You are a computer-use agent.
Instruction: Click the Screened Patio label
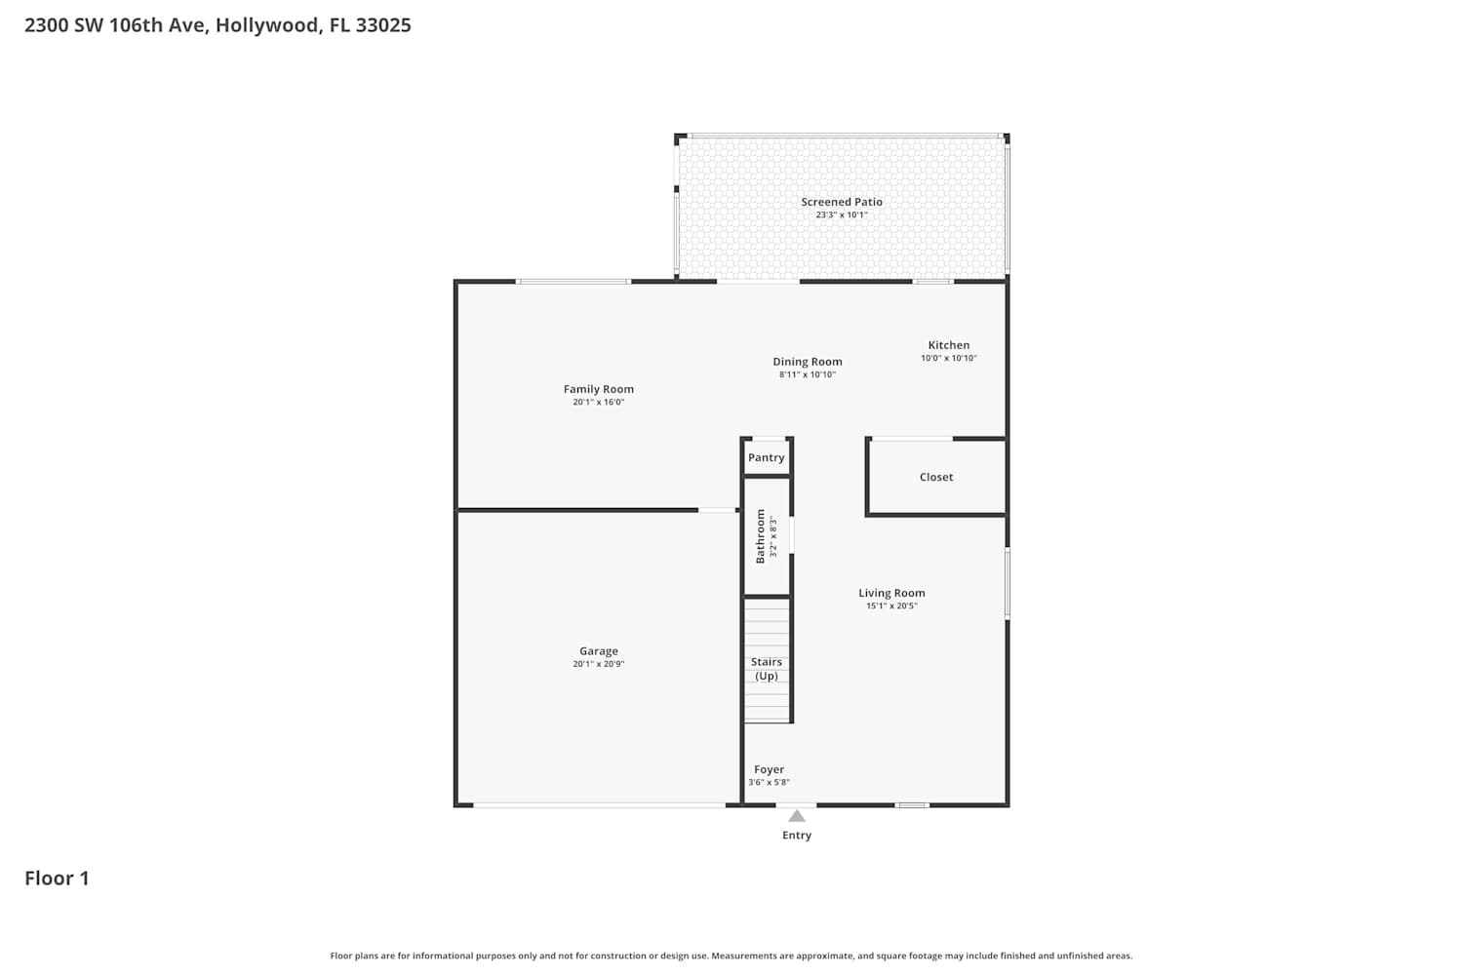[x=841, y=202]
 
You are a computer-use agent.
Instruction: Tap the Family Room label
[x=598, y=389]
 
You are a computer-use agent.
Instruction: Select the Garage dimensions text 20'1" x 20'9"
[x=598, y=664]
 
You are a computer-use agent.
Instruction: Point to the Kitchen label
[x=948, y=345]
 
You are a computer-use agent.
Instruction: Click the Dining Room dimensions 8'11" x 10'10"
[x=808, y=374]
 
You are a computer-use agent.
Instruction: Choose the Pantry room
[x=767, y=457]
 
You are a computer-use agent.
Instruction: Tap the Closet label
[x=936, y=478]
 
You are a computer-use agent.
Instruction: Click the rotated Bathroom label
[x=760, y=536]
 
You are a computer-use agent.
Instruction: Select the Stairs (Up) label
[x=766, y=669]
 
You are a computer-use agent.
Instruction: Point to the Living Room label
[x=891, y=593]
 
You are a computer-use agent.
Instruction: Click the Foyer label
[x=769, y=770]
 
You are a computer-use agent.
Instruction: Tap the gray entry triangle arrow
[x=796, y=816]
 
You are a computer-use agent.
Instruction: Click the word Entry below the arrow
[x=797, y=836]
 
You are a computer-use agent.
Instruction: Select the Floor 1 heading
[x=57, y=878]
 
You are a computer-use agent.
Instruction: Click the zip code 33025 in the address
[x=383, y=24]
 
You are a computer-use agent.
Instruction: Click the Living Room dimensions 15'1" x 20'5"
[x=891, y=606]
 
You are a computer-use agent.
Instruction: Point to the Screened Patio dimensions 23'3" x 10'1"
[x=841, y=214]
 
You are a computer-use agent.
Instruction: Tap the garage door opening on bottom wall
[x=599, y=806]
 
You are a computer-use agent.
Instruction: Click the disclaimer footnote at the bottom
[x=731, y=956]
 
